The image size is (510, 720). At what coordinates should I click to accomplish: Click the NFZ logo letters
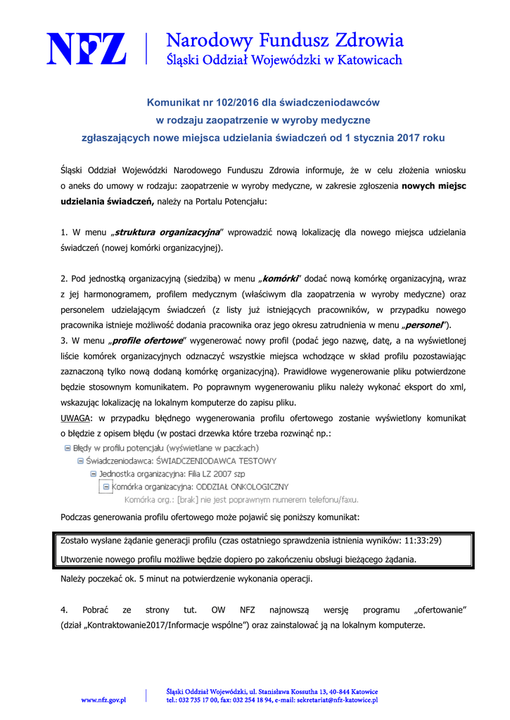[x=87, y=48]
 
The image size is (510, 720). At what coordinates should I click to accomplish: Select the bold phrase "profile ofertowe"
[x=144, y=340]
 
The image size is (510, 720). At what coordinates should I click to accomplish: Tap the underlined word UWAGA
[x=75, y=418]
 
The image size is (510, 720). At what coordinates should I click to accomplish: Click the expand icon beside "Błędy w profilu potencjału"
[x=67, y=448]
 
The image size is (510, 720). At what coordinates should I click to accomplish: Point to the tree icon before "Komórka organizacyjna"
[x=106, y=487]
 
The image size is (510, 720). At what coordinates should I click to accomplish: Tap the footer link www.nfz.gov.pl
[x=103, y=700]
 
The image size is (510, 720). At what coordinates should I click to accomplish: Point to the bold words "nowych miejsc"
[x=433, y=186]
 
